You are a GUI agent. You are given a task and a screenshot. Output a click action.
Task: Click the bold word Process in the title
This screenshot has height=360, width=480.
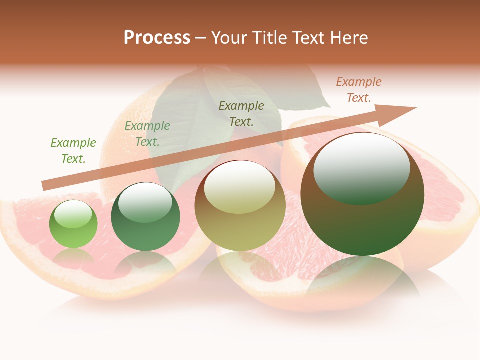tap(157, 37)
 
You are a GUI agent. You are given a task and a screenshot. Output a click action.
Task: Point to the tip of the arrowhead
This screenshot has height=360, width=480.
tap(416, 108)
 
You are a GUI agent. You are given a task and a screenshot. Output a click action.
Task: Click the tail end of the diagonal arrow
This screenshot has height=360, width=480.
tap(44, 186)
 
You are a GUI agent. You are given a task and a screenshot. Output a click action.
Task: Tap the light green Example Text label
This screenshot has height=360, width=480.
tap(73, 150)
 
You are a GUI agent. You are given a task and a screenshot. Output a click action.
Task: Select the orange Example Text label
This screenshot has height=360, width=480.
tap(359, 90)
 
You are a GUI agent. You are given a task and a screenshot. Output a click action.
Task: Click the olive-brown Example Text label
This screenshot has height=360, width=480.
tap(241, 113)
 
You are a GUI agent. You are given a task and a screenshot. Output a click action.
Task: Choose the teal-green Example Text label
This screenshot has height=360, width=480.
tap(147, 134)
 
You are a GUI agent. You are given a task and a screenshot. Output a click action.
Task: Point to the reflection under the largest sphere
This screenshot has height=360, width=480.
tap(362, 280)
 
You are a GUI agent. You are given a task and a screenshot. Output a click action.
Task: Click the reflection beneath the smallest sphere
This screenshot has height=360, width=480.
tap(73, 257)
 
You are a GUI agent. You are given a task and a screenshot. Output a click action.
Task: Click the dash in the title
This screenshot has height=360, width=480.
tap(201, 38)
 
